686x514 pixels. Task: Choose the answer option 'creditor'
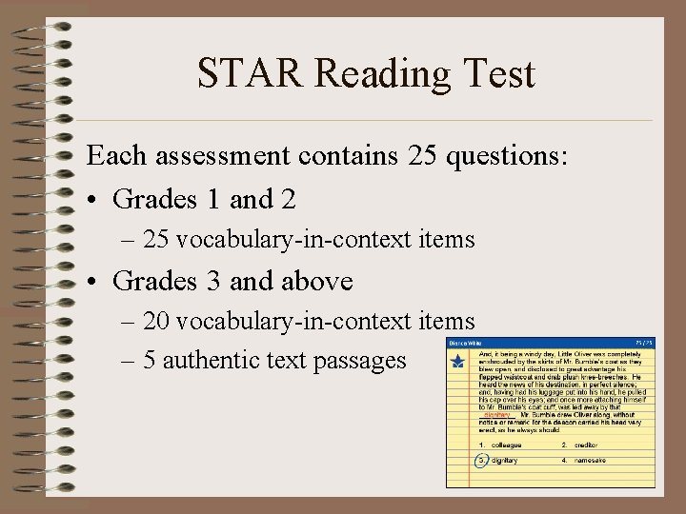tap(585, 445)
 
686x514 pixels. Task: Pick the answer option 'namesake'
tap(590, 460)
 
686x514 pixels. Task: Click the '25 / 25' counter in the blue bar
tap(644, 343)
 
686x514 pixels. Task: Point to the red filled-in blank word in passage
tap(497, 415)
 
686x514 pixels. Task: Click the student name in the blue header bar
tap(467, 343)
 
